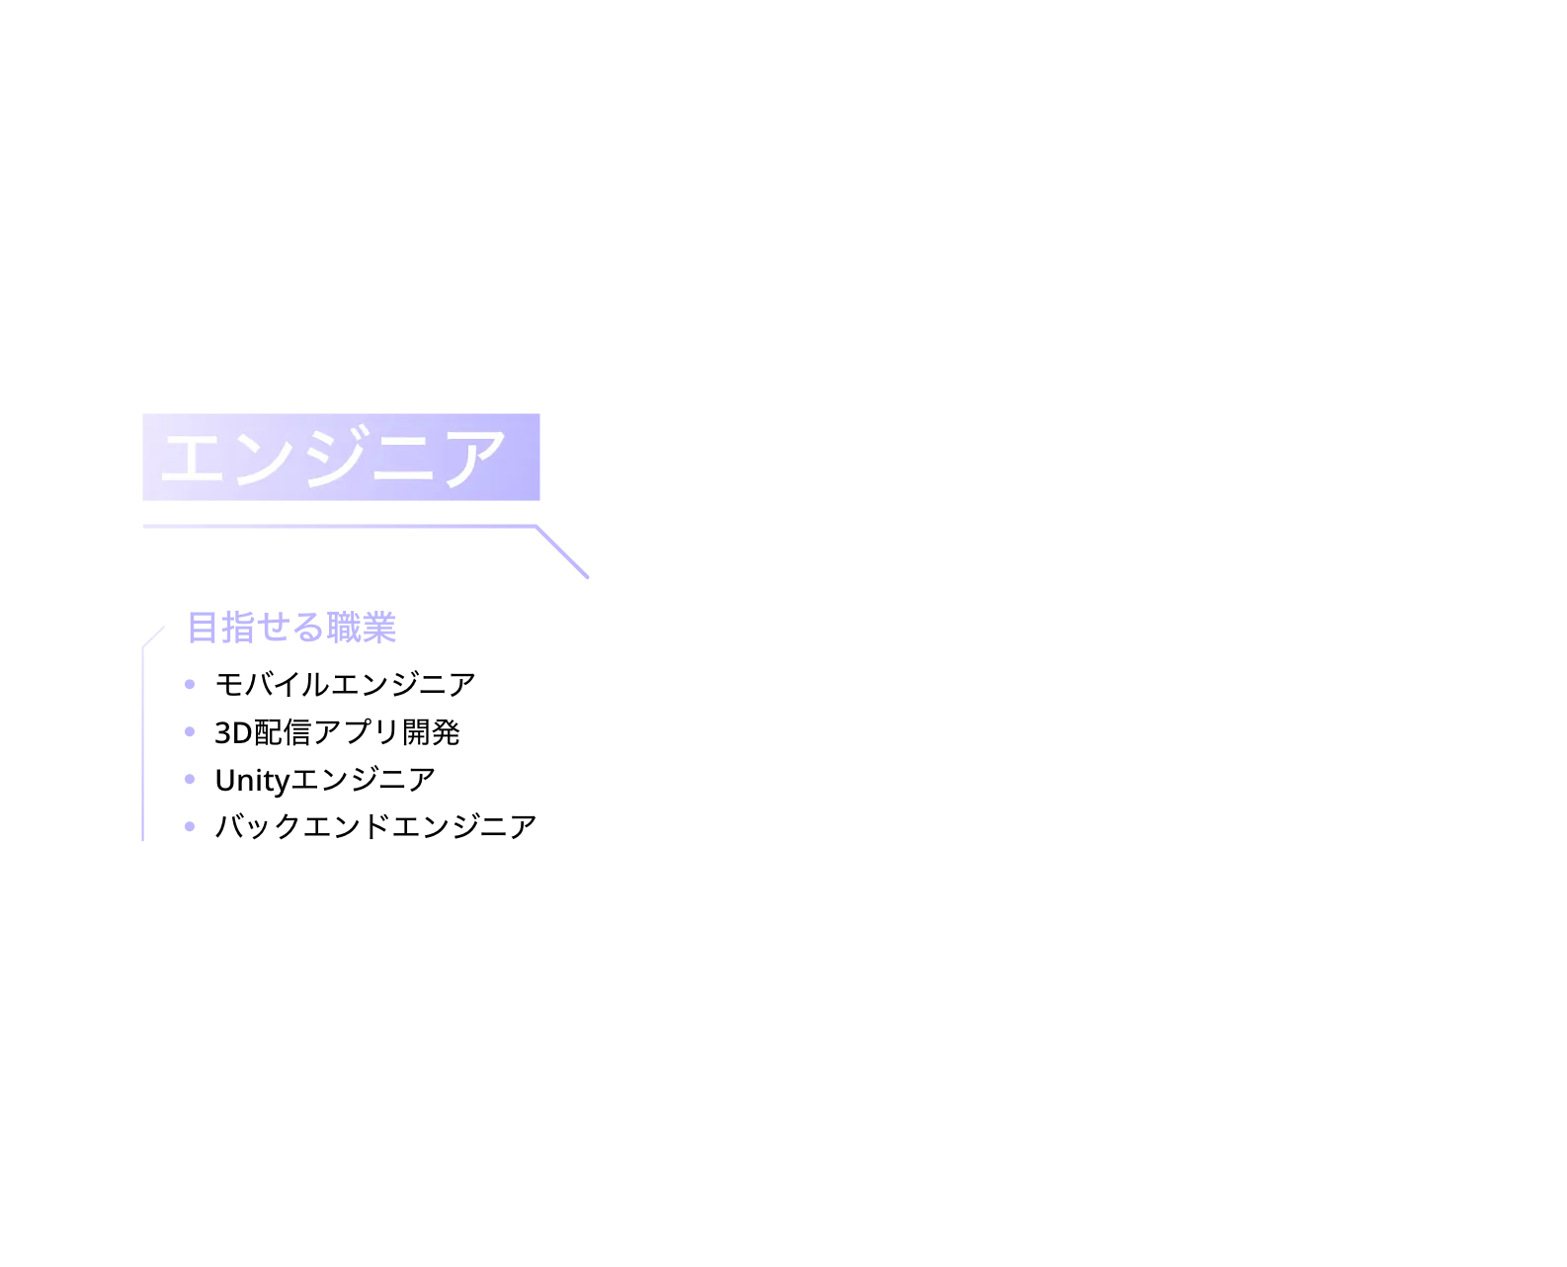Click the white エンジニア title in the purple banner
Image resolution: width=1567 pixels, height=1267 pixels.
[333, 457]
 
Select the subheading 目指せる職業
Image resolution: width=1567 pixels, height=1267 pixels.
[292, 628]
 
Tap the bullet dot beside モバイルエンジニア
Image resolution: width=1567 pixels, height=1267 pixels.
[190, 684]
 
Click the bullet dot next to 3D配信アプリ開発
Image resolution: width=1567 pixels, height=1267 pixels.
[190, 731]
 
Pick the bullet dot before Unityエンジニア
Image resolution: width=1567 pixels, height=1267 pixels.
[190, 779]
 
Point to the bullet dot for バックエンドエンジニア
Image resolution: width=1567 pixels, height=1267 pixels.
[190, 826]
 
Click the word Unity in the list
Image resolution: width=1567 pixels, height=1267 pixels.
[252, 781]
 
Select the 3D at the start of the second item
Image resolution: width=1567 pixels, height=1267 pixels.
[233, 733]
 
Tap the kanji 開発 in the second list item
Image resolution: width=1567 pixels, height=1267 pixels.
[431, 732]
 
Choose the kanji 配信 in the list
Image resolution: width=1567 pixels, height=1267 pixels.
[282, 732]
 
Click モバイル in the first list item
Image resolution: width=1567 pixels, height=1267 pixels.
[273, 684]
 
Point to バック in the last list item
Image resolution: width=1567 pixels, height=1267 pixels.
[258, 826]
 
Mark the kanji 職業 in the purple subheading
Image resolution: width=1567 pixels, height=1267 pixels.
[362, 628]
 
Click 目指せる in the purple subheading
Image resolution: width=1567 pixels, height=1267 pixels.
[257, 628]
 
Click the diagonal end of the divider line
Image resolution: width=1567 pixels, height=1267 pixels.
[587, 577]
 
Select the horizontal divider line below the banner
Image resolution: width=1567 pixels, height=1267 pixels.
[339, 526]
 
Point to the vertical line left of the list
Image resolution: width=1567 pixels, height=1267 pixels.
[142, 744]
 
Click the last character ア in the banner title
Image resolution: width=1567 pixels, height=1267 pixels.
[475, 459]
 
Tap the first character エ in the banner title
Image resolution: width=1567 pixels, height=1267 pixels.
[192, 459]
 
